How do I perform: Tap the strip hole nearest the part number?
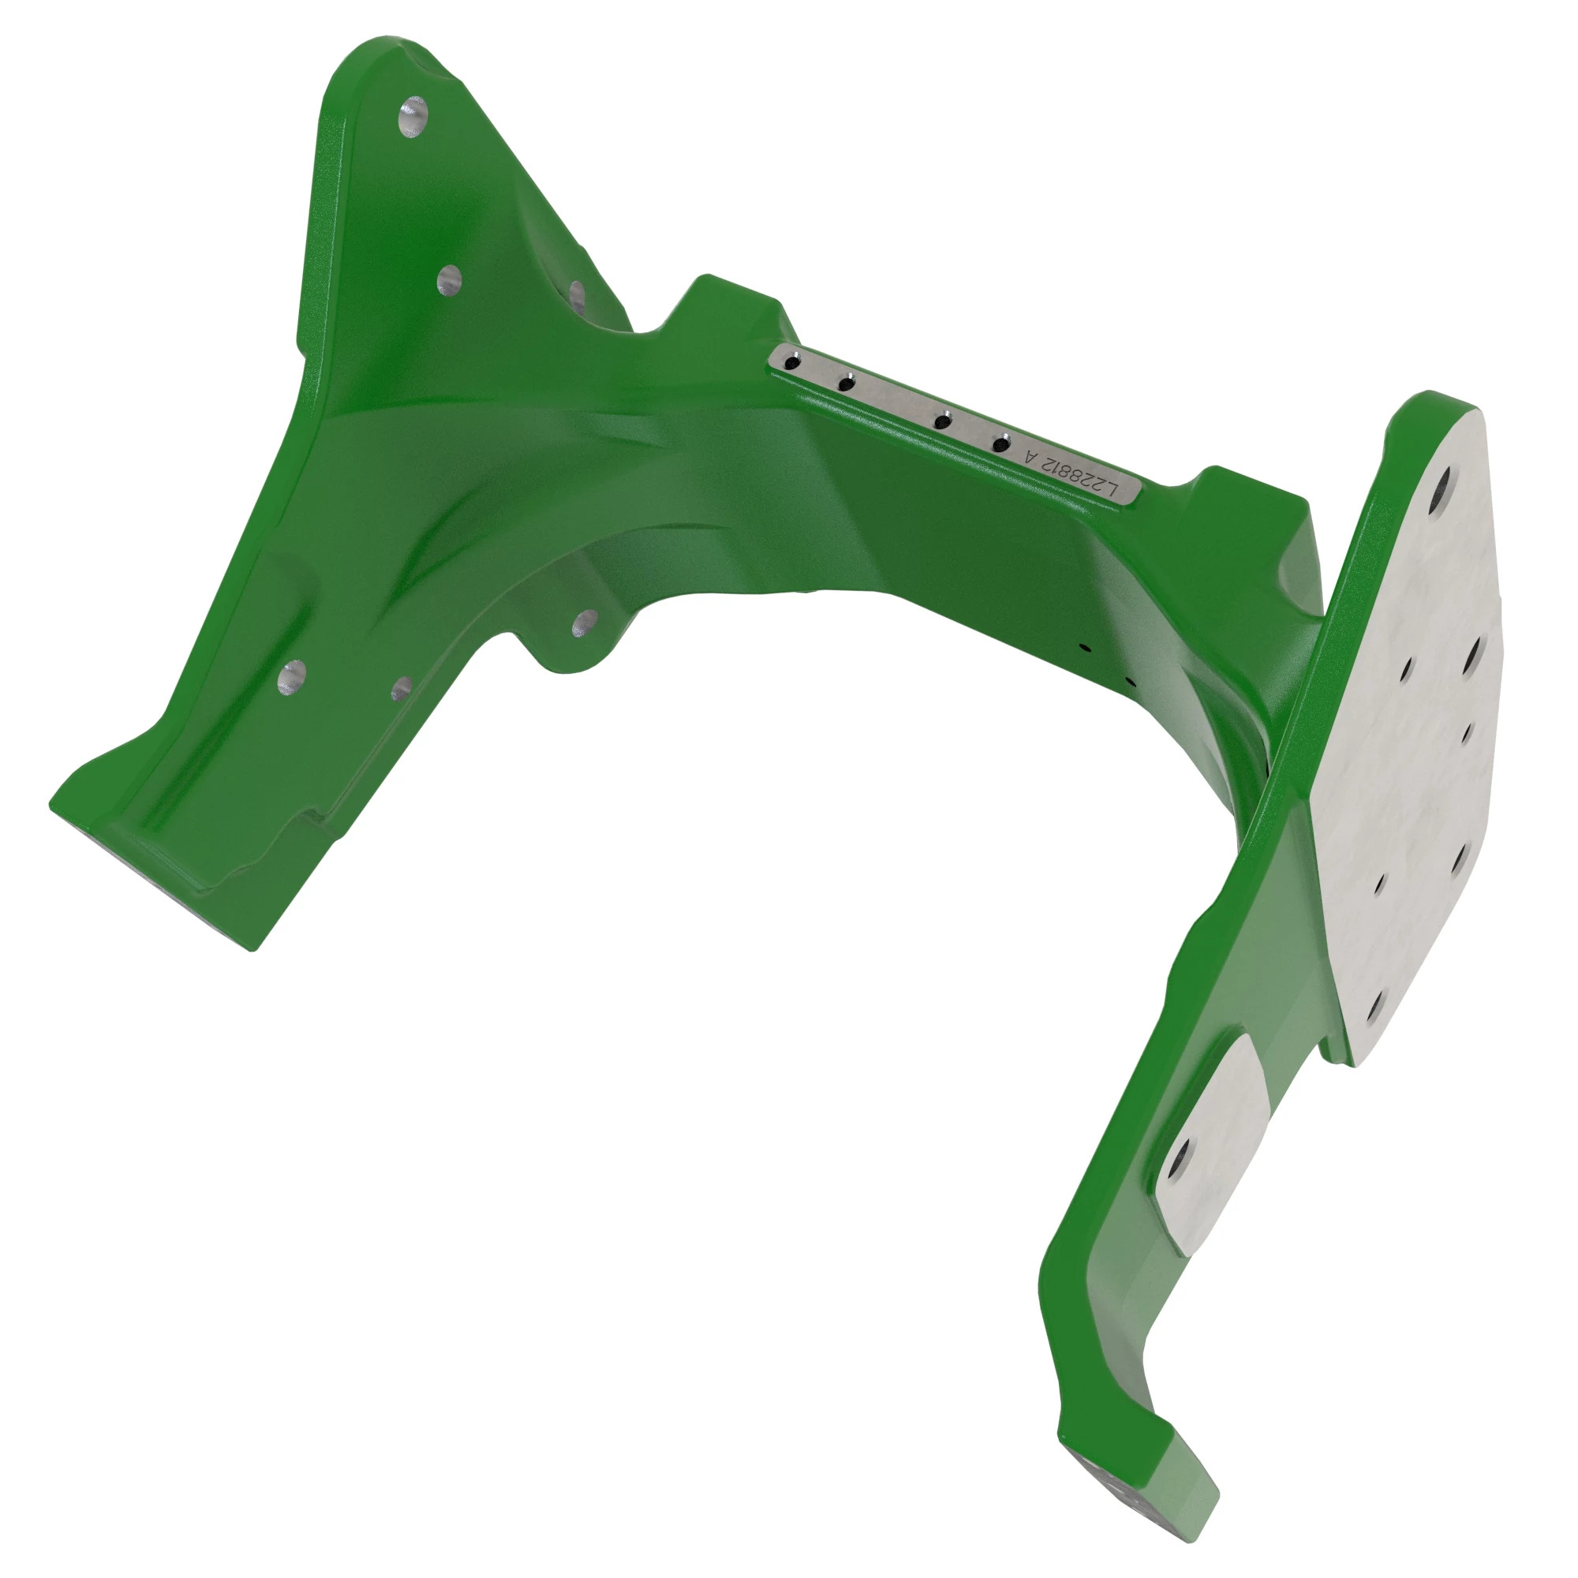(1000, 444)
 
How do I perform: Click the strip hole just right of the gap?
(943, 421)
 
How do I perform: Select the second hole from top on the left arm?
(449, 281)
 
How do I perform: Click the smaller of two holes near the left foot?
(402, 690)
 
